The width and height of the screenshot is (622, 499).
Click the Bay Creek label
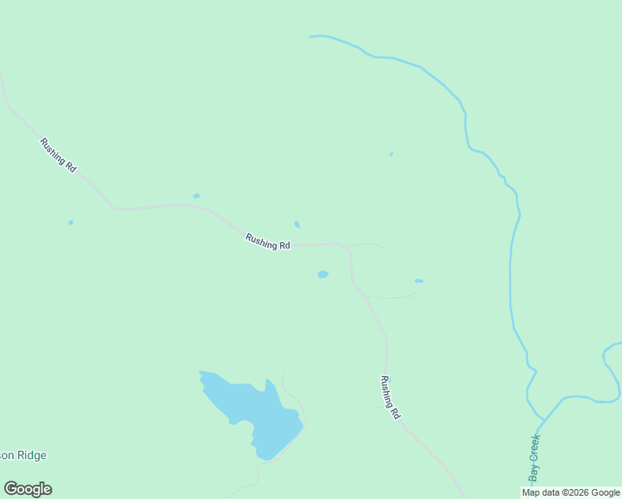535,458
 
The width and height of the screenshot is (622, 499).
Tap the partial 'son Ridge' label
23,455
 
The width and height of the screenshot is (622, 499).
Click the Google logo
28,489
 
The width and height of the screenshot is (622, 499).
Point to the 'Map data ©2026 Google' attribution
570,492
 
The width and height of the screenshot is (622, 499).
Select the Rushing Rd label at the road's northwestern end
58,156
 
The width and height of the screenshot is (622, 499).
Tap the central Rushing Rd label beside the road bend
268,241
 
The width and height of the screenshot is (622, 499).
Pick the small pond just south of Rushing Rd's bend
323,274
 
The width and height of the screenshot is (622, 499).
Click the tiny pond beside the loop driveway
418,281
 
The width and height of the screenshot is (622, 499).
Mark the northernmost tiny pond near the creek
391,154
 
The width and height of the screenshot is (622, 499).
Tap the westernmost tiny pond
71,222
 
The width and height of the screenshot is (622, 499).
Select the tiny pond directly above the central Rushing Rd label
297,225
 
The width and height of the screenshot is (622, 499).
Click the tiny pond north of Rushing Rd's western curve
196,196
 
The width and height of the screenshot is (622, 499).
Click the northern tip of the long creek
311,37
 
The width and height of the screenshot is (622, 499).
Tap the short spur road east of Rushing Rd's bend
368,245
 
